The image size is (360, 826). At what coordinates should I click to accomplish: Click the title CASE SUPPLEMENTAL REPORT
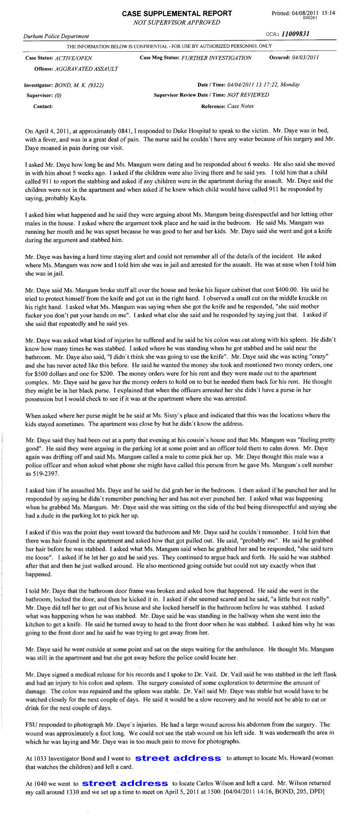pyautogui.click(x=177, y=14)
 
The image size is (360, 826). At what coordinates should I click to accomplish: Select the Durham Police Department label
pyautogui.click(x=56, y=36)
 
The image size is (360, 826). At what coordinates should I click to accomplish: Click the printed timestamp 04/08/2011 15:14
pyautogui.click(x=313, y=13)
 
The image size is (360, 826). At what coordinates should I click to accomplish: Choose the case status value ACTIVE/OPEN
pyautogui.click(x=73, y=58)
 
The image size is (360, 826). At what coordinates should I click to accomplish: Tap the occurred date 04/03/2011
pyautogui.click(x=305, y=58)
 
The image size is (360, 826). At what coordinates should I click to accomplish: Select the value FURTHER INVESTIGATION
pyautogui.click(x=216, y=58)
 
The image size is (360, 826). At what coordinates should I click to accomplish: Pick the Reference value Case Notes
pyautogui.click(x=241, y=106)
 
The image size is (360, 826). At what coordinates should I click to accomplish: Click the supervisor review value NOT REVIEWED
pyautogui.click(x=248, y=95)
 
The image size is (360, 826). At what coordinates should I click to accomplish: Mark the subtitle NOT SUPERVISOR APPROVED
pyautogui.click(x=177, y=22)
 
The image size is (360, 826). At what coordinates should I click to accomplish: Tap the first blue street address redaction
pyautogui.click(x=178, y=758)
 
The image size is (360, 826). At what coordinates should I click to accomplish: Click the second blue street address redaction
pyautogui.click(x=125, y=783)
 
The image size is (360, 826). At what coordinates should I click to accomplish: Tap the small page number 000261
pyautogui.click(x=310, y=18)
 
